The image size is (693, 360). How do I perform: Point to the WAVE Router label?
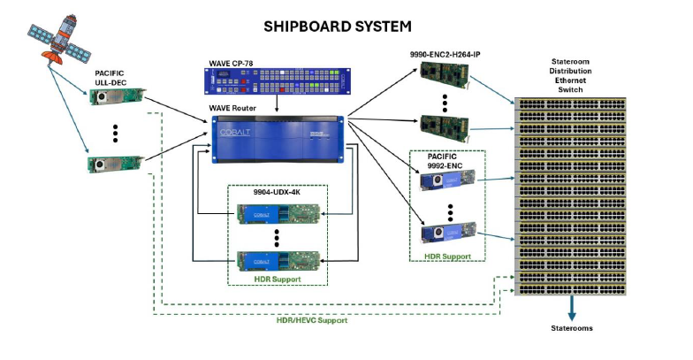pos(232,108)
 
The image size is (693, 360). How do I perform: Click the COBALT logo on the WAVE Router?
pos(232,134)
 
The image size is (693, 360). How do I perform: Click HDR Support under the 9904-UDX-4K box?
pos(277,280)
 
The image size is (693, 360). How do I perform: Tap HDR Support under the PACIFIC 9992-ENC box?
pos(448,256)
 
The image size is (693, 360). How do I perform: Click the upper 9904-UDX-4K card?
pos(276,214)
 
